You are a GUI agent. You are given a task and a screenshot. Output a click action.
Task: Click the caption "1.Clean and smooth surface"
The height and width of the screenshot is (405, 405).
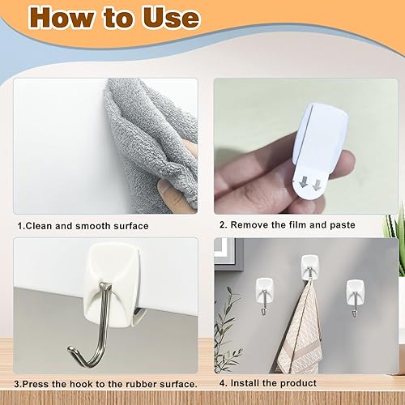tap(83, 226)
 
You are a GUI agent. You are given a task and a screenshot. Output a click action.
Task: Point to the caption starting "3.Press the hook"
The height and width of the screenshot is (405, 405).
tap(106, 383)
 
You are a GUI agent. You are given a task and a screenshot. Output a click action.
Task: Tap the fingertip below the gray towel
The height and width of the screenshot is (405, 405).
tap(167, 194)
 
